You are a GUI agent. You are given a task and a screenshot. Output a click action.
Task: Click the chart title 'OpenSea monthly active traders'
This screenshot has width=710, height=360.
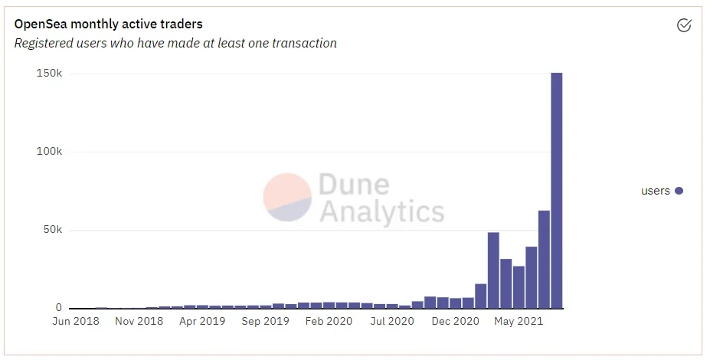(x=108, y=25)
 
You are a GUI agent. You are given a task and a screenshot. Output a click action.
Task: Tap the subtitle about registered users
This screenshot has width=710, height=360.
(x=175, y=43)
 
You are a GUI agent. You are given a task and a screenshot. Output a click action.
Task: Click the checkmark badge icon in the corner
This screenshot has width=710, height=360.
(x=684, y=25)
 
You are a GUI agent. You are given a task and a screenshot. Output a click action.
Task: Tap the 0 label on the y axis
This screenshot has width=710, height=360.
(x=58, y=308)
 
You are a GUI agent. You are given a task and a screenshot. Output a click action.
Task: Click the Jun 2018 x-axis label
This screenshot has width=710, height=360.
(x=75, y=322)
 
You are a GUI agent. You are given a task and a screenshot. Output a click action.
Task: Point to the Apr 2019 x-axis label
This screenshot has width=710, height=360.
(x=201, y=322)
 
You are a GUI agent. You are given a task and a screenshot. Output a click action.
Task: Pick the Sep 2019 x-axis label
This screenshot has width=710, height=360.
(x=265, y=322)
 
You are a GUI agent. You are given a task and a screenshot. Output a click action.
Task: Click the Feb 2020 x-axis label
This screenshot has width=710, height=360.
(x=328, y=322)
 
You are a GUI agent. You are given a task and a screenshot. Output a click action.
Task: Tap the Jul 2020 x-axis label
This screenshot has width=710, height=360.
(x=391, y=322)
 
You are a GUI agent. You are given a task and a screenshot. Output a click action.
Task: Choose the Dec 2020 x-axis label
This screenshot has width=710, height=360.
(x=455, y=322)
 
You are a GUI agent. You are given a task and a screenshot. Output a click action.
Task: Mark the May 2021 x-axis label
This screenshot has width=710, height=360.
(x=519, y=322)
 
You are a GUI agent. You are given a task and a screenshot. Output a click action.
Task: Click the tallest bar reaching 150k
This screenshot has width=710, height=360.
(x=557, y=191)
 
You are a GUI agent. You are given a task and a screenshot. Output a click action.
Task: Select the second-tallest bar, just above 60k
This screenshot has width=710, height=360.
(x=544, y=260)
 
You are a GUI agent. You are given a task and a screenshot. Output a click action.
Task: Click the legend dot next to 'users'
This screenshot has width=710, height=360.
(x=679, y=191)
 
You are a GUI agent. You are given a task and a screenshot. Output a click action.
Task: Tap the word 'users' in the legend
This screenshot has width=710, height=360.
(x=656, y=191)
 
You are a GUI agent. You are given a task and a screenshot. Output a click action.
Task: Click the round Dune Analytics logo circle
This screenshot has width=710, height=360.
(x=287, y=197)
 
